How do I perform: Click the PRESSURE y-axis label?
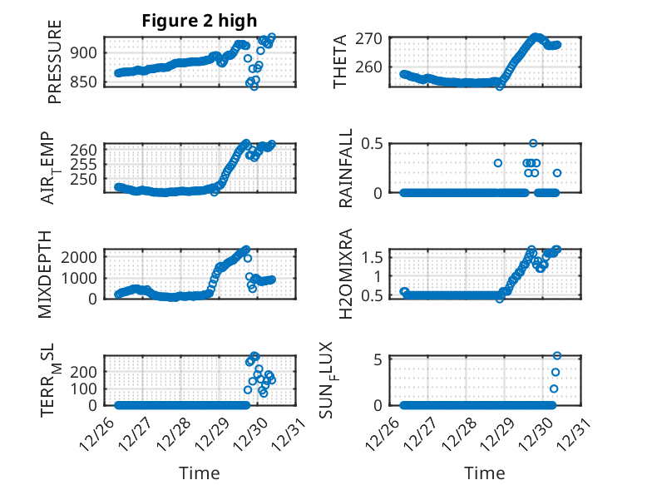(55, 67)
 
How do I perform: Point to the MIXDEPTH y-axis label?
(46, 274)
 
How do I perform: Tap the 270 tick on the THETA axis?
(371, 38)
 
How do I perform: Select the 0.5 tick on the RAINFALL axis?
(371, 143)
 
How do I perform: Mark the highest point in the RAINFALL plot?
(533, 143)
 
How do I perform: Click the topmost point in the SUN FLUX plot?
(557, 356)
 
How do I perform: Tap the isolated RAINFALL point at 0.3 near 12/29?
(498, 163)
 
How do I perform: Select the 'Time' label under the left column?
(200, 473)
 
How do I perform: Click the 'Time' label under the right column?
(485, 473)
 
